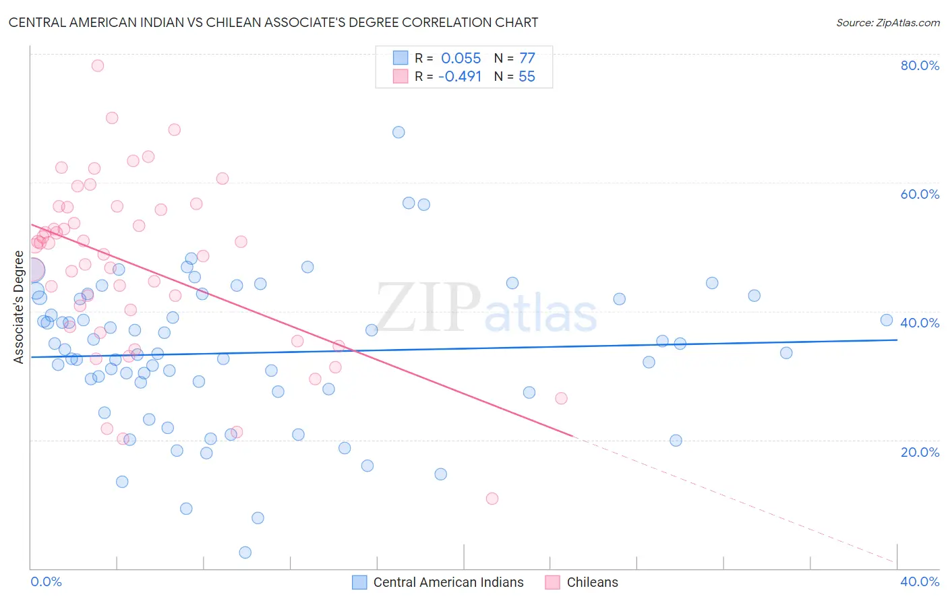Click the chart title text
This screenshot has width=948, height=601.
tap(273, 22)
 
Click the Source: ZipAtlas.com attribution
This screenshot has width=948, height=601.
tap(887, 23)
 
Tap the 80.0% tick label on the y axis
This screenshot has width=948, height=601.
tap(920, 65)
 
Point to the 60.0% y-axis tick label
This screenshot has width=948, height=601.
tap(920, 194)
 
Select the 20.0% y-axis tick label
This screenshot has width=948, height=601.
tap(920, 452)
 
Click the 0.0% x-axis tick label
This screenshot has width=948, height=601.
tap(46, 581)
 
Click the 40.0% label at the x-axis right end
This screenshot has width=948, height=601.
tap(920, 581)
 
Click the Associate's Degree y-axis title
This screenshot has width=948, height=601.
tap(19, 307)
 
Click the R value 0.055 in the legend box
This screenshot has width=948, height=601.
tap(461, 58)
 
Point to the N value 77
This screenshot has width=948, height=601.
tap(527, 58)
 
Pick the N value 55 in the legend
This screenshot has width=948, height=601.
tap(527, 77)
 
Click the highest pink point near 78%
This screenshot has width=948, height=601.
tap(98, 65)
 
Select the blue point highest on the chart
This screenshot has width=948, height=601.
tap(398, 132)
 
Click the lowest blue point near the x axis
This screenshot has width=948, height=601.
tap(245, 552)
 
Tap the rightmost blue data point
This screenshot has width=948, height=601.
tap(887, 320)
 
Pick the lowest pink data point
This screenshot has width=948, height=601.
tap(492, 499)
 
